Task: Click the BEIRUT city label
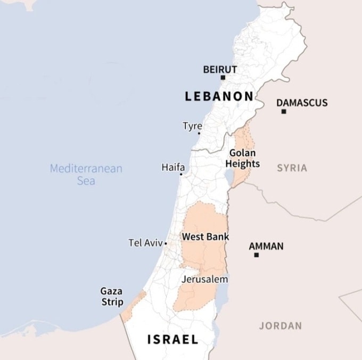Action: tap(220, 69)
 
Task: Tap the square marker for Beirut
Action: tap(223, 78)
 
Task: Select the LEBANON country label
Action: tap(219, 96)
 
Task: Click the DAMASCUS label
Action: tap(302, 102)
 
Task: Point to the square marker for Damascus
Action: tap(284, 111)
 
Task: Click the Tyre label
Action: tap(192, 126)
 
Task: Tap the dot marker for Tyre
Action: tap(199, 133)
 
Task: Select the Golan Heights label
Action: tap(242, 158)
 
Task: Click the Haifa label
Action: tap(173, 167)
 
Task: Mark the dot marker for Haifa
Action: tap(181, 174)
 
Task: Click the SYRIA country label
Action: tap(292, 168)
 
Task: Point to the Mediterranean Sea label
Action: tap(86, 175)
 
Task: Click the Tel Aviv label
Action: tap(145, 243)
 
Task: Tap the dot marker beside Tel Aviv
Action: tap(166, 243)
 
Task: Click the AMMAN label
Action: tap(266, 246)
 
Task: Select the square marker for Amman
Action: tap(256, 255)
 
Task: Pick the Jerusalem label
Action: tap(204, 279)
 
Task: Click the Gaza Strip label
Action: tap(112, 297)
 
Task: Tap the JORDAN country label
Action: tap(281, 325)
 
